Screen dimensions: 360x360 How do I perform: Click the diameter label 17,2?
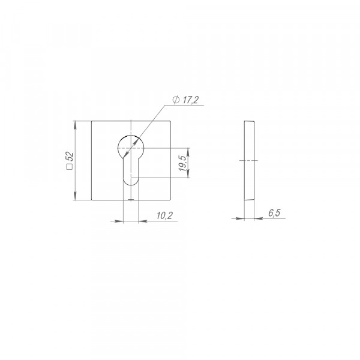coord(190,100)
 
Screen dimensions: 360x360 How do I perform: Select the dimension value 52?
coord(70,157)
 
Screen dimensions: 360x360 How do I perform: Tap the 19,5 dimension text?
coord(183,163)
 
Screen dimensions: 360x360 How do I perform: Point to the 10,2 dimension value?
coord(164,215)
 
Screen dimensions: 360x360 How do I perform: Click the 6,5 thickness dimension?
coord(274,213)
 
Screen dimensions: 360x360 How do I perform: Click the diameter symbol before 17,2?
coord(176,100)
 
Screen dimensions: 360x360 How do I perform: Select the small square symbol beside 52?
coord(70,167)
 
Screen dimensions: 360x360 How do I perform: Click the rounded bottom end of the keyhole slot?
coord(131,182)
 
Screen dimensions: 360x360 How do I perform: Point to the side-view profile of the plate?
coord(249,160)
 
